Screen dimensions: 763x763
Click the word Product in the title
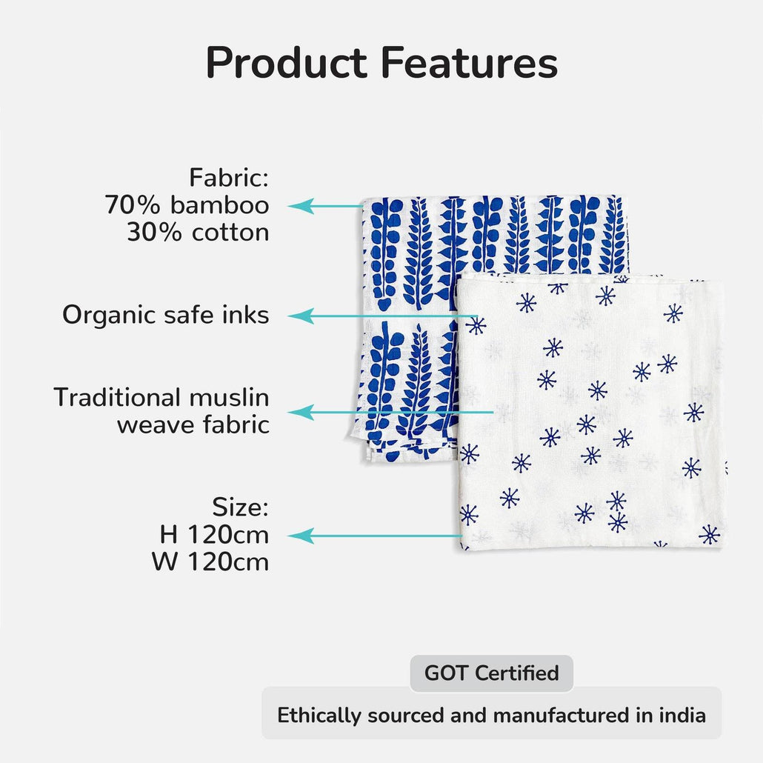click(x=286, y=62)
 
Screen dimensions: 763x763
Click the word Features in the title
click(x=469, y=62)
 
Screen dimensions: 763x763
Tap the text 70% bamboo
click(x=187, y=205)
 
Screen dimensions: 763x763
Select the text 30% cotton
click(x=198, y=232)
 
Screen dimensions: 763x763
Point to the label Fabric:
click(x=229, y=177)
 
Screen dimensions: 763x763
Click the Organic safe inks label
click(x=165, y=315)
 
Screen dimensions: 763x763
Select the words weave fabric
click(x=193, y=424)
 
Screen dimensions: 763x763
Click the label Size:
click(x=241, y=507)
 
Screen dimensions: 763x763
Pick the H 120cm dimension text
click(x=214, y=535)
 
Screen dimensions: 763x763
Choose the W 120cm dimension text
click(x=210, y=562)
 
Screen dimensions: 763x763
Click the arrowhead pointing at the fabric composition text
click(x=301, y=206)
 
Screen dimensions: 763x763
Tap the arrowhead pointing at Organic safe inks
click(x=301, y=316)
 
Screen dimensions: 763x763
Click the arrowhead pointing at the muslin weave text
click(x=301, y=412)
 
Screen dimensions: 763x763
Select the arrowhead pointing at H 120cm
click(x=301, y=536)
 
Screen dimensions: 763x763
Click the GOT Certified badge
click(x=491, y=673)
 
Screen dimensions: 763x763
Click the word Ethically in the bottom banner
click(x=319, y=716)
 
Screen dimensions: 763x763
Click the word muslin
click(x=229, y=397)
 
